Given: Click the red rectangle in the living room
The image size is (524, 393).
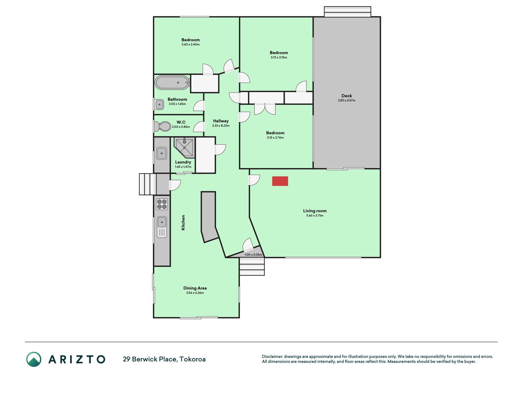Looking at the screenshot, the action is click(280, 181).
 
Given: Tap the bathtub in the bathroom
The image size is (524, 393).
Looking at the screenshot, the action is click(172, 83).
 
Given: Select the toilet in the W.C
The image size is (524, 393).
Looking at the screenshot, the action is click(162, 126).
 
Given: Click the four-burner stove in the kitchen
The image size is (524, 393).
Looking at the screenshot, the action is click(162, 204).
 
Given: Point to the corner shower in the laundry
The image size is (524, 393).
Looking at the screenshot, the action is click(184, 148).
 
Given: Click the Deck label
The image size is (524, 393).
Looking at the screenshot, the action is click(347, 96).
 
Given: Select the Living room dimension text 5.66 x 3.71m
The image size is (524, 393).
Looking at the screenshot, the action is click(315, 216).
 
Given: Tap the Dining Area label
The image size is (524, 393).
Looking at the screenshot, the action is click(195, 288).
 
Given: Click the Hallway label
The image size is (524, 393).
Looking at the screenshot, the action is click(221, 121).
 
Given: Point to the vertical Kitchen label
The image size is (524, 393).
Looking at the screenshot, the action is click(183, 222).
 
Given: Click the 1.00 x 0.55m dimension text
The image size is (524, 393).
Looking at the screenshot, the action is click(253, 255).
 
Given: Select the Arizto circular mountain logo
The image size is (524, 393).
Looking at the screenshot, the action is click(34, 359).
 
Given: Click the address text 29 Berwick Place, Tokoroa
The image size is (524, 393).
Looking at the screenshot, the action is click(164, 359).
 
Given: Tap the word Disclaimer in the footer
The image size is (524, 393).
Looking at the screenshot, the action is click(272, 356).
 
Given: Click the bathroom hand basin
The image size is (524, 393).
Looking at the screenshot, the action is click(159, 104).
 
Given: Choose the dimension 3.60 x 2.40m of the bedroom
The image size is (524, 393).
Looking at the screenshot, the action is click(190, 45).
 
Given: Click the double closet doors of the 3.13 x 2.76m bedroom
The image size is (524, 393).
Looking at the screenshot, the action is click(265, 109).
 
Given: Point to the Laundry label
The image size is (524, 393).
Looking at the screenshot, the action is click(183, 162).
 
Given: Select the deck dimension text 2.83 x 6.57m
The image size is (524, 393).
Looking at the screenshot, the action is click(347, 100).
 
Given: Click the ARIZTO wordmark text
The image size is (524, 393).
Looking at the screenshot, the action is click(77, 359).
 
